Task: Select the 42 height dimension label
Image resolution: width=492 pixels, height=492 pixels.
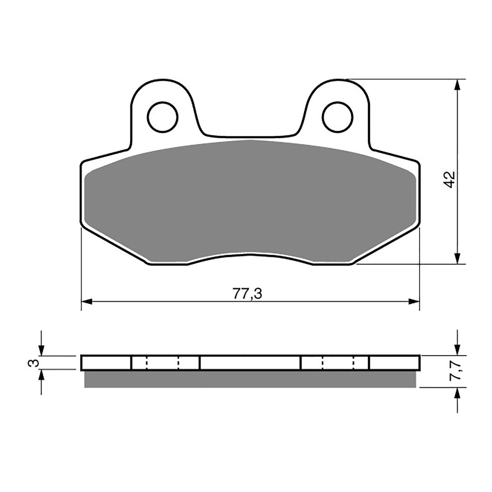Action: click(x=449, y=179)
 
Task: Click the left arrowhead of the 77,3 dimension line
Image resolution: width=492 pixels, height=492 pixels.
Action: click(x=87, y=301)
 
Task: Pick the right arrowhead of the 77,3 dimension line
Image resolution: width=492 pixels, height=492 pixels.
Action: click(x=414, y=301)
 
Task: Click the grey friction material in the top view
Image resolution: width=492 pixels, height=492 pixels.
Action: click(x=250, y=200)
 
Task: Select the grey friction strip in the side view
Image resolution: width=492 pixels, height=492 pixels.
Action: click(x=250, y=379)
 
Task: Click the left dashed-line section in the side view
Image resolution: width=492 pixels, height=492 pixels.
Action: click(x=165, y=363)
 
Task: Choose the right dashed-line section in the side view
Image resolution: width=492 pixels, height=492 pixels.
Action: click(x=335, y=363)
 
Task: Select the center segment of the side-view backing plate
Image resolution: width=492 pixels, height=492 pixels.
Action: click(x=250, y=363)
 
